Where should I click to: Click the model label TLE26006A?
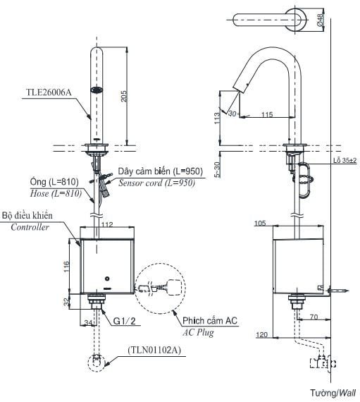coord(49,92)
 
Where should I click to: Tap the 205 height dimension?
coord(124,96)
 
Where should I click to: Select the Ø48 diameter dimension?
coord(320,20)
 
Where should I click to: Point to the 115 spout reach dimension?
coord(267,114)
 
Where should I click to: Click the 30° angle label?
coord(233,114)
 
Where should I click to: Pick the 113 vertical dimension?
coord(217,118)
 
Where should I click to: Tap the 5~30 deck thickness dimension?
coord(217,169)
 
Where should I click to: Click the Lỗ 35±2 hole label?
coord(345,161)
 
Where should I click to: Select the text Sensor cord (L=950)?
coord(156,183)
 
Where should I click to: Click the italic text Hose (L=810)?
coord(56,193)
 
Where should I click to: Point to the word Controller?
coord(30,227)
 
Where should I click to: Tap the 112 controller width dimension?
coord(107,224)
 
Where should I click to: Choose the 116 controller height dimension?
coord(66,267)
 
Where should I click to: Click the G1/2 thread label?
coord(125,321)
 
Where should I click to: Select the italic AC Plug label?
coord(198,332)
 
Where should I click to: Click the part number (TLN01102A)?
coord(154,350)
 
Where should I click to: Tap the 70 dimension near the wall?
coord(314,317)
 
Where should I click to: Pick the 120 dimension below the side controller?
coord(261,334)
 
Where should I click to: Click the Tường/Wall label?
coord(333,393)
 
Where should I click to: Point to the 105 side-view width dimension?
coord(260,224)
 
